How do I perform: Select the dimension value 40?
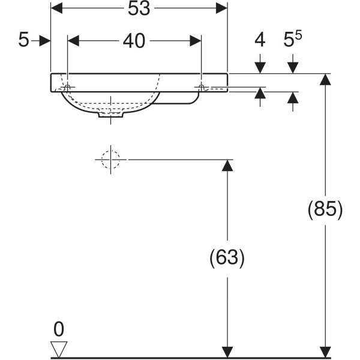point(134,41)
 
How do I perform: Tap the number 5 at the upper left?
point(23,41)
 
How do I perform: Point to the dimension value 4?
point(260,41)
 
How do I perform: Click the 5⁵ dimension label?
point(292,40)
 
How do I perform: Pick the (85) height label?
point(325,209)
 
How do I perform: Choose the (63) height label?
point(227,258)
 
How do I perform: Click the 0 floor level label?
point(58,329)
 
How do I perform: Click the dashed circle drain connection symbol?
point(110,160)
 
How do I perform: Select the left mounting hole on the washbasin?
point(67,88)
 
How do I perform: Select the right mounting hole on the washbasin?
point(201,88)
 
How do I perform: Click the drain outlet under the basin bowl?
point(111,115)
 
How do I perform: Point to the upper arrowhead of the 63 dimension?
point(227,166)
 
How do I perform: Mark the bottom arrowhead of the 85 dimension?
point(325,352)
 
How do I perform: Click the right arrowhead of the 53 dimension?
point(222,8)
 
